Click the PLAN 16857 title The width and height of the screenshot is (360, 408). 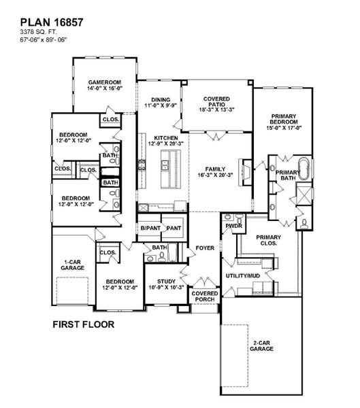(x=52, y=22)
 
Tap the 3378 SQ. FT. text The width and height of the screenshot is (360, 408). (x=39, y=32)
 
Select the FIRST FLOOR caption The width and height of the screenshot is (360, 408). (x=84, y=324)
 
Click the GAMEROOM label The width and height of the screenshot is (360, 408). (x=105, y=82)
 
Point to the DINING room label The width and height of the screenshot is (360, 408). (x=161, y=100)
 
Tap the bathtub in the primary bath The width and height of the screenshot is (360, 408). (x=304, y=169)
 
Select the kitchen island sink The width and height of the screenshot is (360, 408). (x=165, y=165)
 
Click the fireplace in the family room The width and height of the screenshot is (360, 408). (x=245, y=172)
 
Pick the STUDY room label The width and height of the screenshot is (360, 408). (x=167, y=282)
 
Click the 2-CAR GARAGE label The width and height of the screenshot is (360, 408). (x=261, y=346)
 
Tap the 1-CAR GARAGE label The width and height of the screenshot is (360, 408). (x=73, y=265)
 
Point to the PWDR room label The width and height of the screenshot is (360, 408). (x=234, y=226)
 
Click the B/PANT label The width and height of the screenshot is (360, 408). (x=150, y=228)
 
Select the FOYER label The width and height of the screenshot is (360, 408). (x=205, y=248)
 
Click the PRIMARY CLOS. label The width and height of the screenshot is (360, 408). (x=269, y=240)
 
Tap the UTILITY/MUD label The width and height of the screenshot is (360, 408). (x=243, y=276)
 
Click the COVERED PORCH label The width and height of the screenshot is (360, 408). (x=205, y=296)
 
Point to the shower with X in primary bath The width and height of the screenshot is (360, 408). (x=304, y=194)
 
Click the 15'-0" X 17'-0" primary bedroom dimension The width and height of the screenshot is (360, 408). (x=284, y=128)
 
